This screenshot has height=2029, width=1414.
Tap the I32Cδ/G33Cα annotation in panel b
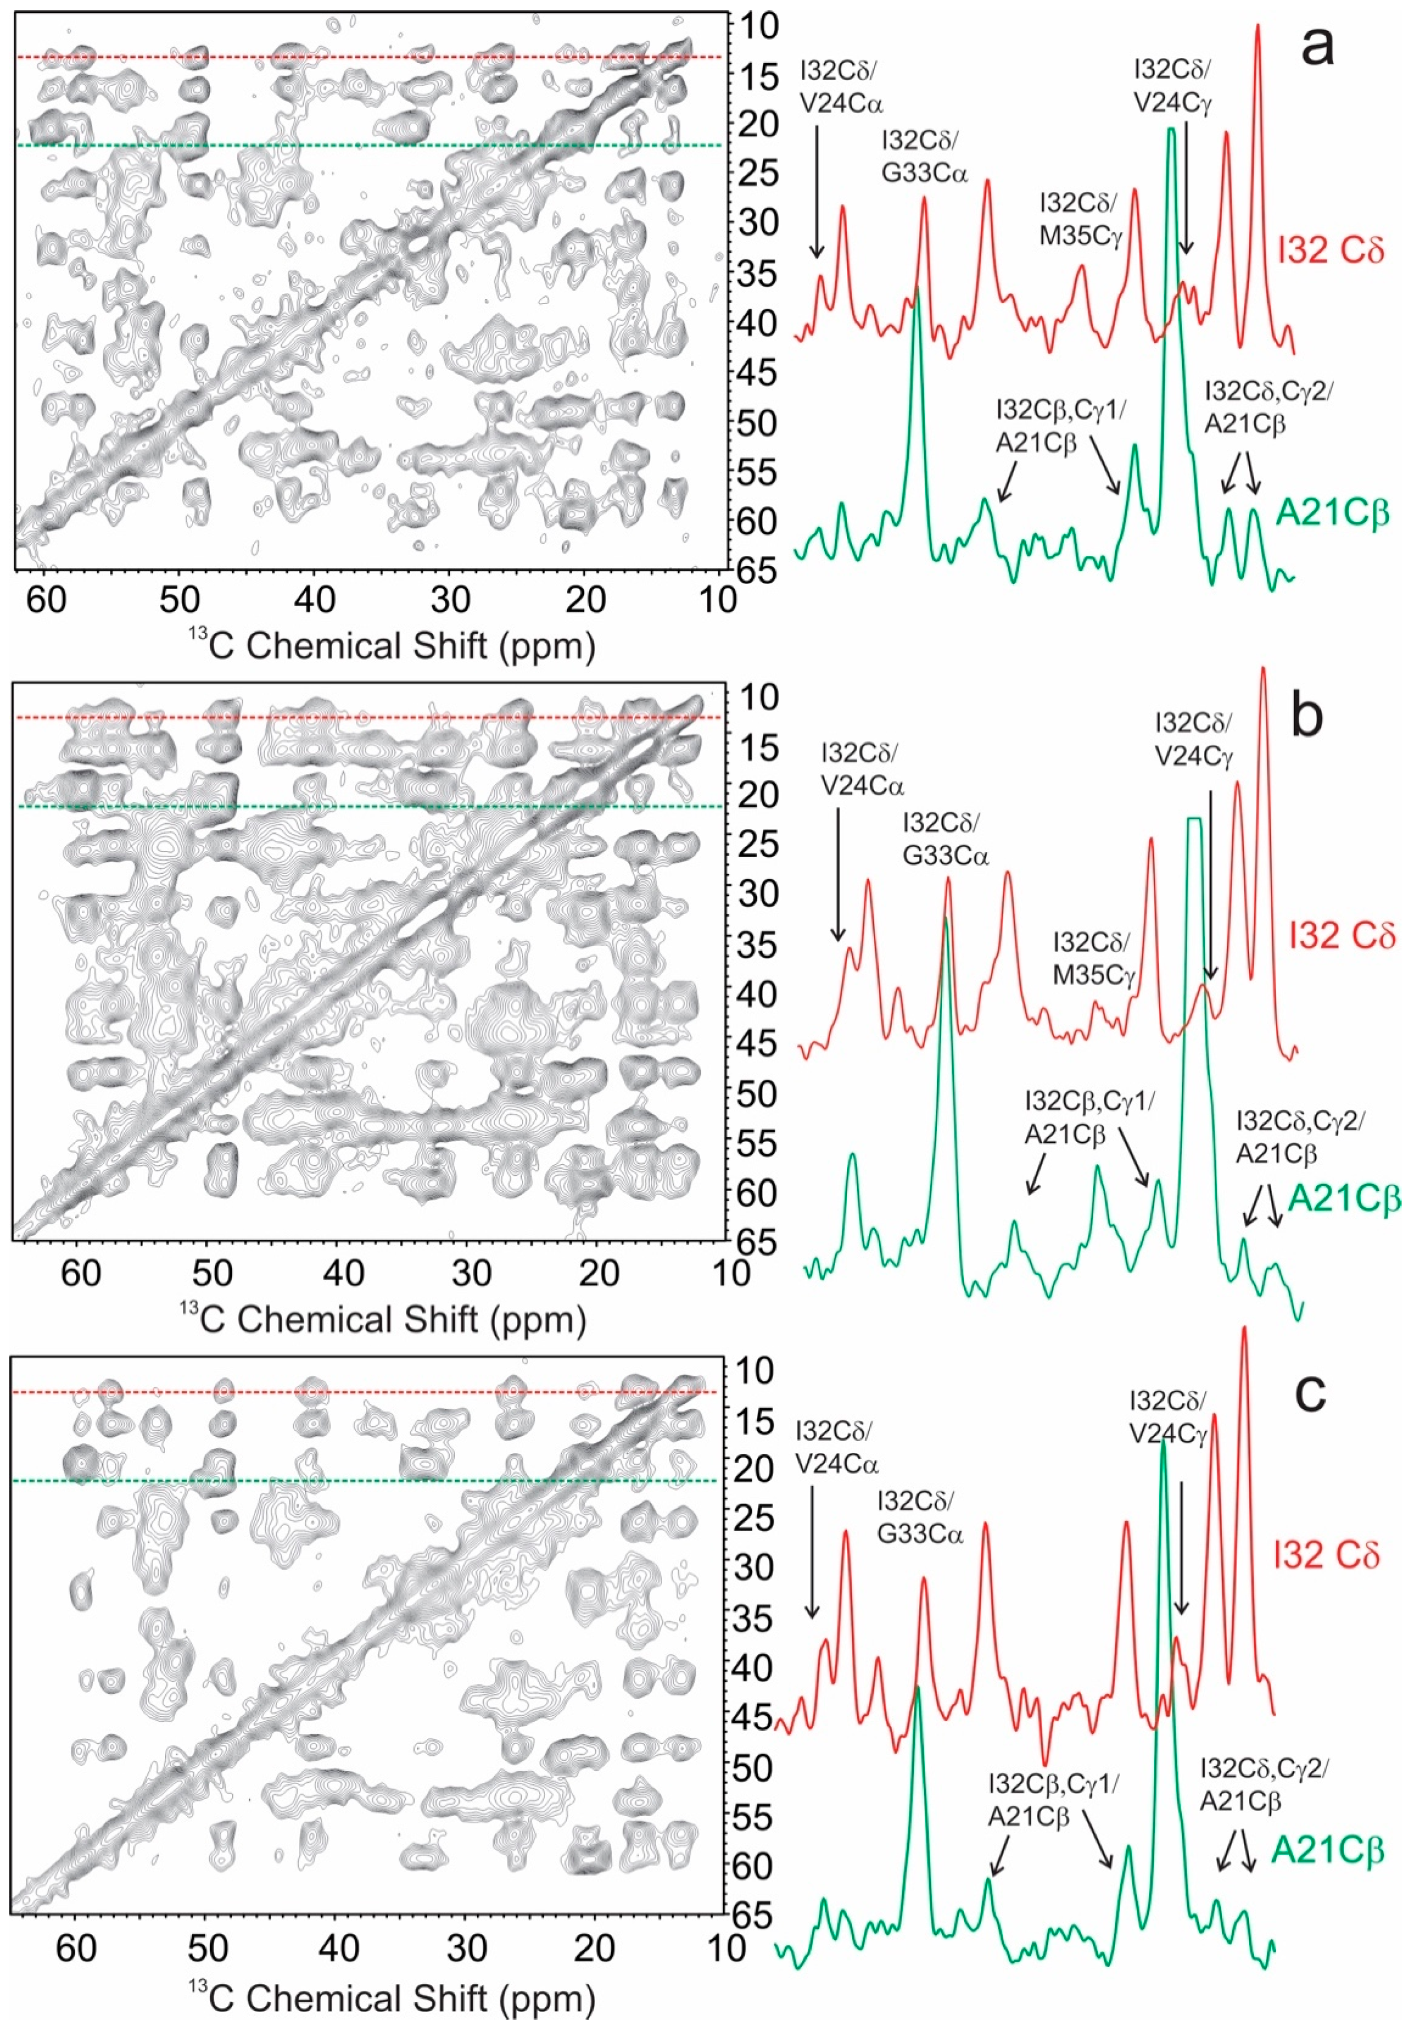click(945, 839)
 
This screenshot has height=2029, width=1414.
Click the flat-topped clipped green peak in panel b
click(1195, 822)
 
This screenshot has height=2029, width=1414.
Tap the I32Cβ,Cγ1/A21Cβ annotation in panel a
click(1060, 426)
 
